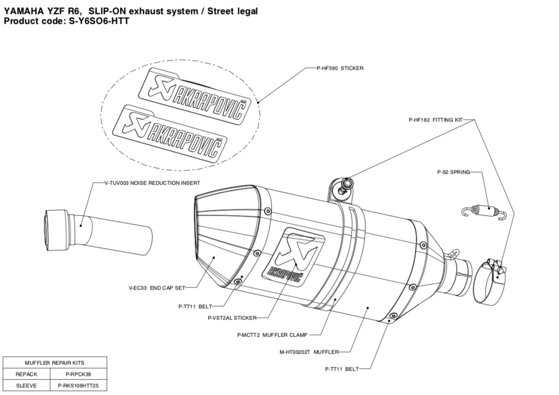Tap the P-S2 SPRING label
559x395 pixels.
(454, 172)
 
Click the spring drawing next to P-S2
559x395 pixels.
(484, 211)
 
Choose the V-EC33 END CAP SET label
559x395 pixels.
(153, 287)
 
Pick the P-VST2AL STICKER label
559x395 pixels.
(231, 317)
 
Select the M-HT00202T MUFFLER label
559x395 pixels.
(309, 352)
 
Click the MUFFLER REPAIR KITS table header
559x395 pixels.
(54, 362)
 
